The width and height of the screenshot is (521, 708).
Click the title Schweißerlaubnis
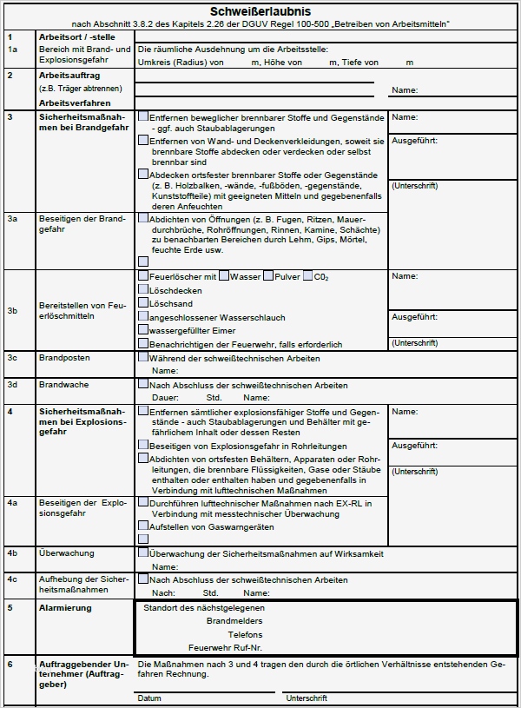(x=260, y=10)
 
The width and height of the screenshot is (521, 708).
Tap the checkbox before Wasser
(x=224, y=276)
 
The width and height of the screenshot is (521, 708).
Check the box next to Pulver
(x=267, y=276)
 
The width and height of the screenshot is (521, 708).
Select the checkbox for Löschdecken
(x=143, y=290)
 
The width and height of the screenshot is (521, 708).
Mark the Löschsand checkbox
(x=143, y=303)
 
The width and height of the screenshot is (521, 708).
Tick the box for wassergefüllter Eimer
(x=143, y=330)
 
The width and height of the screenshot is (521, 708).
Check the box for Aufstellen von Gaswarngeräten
(x=143, y=526)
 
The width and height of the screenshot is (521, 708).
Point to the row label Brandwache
(x=63, y=384)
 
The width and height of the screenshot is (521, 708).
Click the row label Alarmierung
(x=65, y=608)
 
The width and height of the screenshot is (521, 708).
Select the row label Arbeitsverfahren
(x=75, y=103)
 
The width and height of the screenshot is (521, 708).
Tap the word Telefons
(x=245, y=635)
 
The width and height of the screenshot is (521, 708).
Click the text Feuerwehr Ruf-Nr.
(x=225, y=648)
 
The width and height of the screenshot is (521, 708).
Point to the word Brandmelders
(x=234, y=621)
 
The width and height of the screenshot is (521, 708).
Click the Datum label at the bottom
(x=148, y=698)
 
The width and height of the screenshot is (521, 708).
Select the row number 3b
(x=12, y=310)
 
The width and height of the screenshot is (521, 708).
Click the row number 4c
(x=12, y=579)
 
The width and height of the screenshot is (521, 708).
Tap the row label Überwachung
(x=67, y=553)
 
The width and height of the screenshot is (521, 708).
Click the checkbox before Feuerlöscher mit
(x=143, y=276)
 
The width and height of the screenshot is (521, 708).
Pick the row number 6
(x=10, y=665)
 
